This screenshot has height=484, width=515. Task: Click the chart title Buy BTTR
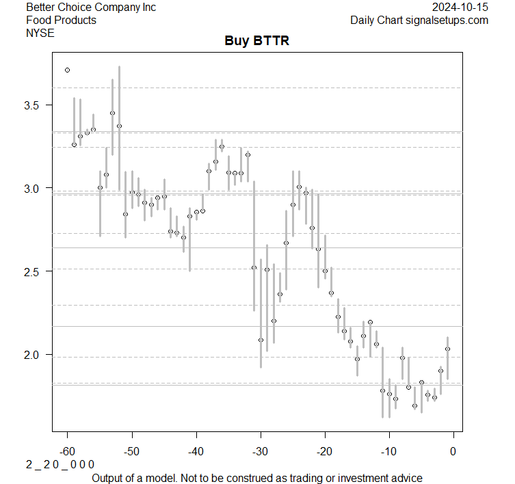[257, 41]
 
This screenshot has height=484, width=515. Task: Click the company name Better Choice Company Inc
[91, 8]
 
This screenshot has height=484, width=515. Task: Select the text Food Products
[61, 20]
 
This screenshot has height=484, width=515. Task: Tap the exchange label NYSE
[40, 32]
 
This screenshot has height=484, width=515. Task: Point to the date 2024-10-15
[460, 8]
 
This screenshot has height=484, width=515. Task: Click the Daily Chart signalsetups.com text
[419, 20]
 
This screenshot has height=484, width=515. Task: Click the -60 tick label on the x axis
[67, 451]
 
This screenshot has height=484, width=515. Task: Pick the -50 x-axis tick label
[131, 451]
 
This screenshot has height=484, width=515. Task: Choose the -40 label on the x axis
[196, 451]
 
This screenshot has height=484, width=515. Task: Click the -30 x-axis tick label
[260, 451]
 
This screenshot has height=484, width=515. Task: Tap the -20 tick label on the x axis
[324, 451]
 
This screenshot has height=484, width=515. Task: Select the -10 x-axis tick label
[388, 451]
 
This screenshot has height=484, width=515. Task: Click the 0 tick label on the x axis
[453, 451]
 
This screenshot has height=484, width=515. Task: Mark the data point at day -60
[67, 70]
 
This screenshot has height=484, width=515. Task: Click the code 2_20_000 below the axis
[60, 464]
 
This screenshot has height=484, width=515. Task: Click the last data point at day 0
[447, 349]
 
